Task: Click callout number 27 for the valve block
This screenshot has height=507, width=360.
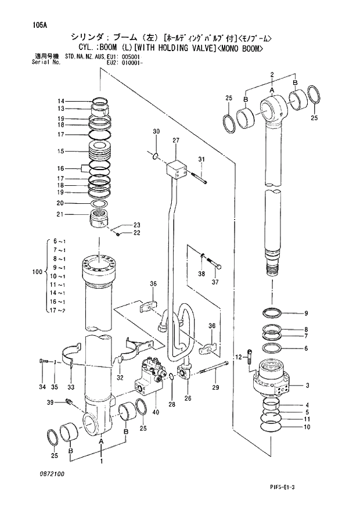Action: (176, 141)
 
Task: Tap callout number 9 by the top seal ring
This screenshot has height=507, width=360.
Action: (306, 314)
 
